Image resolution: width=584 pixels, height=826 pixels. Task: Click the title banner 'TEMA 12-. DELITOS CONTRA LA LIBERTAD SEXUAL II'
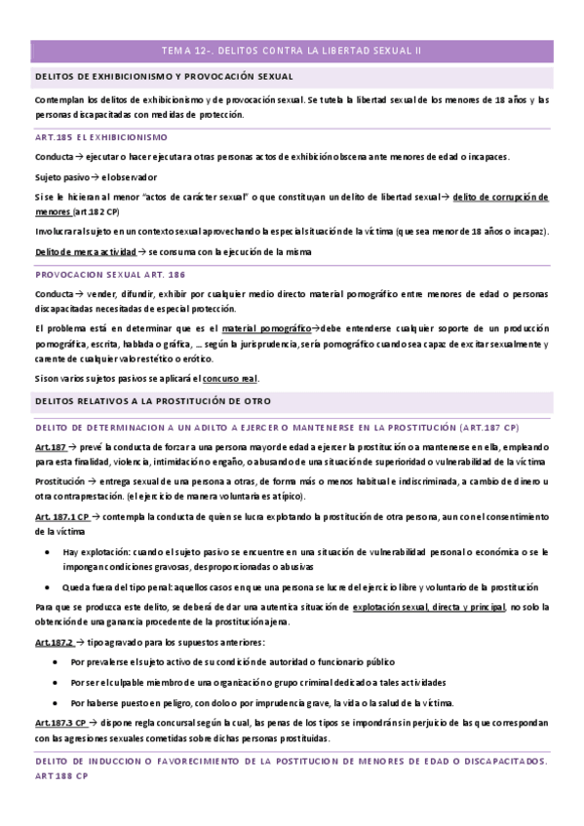(x=292, y=51)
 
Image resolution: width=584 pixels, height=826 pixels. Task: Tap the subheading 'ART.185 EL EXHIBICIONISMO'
(x=100, y=137)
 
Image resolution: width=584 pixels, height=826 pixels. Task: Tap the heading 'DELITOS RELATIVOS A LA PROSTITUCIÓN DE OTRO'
(x=152, y=401)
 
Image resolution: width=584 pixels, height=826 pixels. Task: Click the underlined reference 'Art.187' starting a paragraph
(x=50, y=446)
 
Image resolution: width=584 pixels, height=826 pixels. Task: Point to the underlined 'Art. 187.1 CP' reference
(x=61, y=517)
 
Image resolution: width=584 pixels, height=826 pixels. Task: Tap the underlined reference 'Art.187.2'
(x=54, y=643)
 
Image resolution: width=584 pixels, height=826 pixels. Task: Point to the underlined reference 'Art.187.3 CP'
(x=60, y=723)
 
